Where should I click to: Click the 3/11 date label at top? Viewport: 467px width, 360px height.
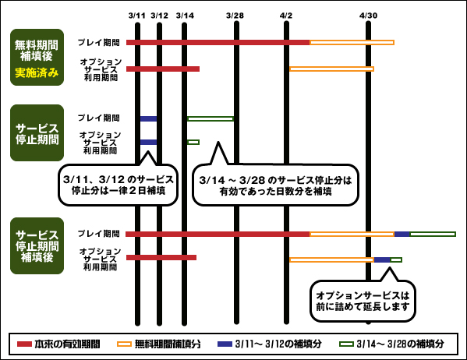[137, 16]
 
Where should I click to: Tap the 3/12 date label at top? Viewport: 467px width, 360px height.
[159, 16]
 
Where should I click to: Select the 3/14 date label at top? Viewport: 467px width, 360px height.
[185, 16]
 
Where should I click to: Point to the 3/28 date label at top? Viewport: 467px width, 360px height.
[235, 16]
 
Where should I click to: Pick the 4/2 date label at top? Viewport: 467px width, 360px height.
[286, 16]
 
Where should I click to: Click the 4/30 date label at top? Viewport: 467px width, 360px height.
[369, 16]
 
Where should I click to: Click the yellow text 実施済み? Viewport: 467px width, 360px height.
[37, 72]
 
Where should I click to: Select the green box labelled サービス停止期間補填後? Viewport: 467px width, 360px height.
[37, 246]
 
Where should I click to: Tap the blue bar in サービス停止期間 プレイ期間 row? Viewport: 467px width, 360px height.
[148, 118]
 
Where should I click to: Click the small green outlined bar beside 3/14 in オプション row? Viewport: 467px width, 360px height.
[193, 142]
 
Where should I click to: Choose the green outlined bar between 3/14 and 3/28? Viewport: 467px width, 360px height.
[211, 118]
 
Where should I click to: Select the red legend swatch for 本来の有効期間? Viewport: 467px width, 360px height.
[24, 344]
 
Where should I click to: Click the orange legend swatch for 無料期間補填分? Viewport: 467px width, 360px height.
[124, 344]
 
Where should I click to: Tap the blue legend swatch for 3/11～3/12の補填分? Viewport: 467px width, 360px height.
[225, 344]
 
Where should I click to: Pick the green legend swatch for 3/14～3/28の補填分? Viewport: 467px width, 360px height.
[347, 344]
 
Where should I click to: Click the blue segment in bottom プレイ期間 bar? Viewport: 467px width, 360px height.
[402, 235]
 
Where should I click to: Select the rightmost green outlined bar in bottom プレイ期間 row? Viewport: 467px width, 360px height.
[433, 235]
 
